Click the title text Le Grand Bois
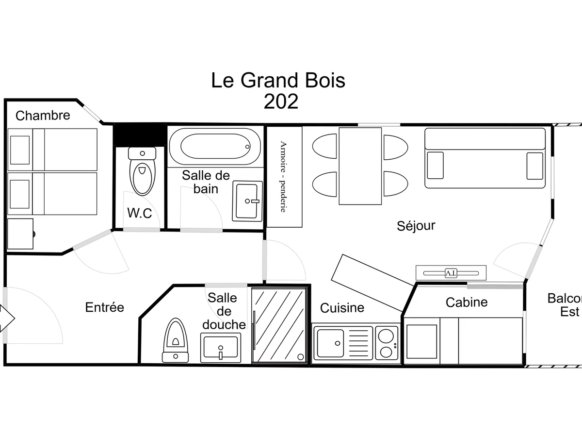pyautogui.click(x=278, y=80)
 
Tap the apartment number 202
pyautogui.click(x=281, y=101)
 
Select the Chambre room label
pyautogui.click(x=43, y=116)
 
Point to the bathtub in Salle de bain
pyautogui.click(x=215, y=146)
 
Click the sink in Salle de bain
pyautogui.click(x=247, y=201)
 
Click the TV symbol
pyautogui.click(x=451, y=273)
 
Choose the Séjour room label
pyautogui.click(x=416, y=226)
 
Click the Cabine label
pyautogui.click(x=466, y=302)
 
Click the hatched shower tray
pyautogui.click(x=279, y=325)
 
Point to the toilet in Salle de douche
pyautogui.click(x=176, y=340)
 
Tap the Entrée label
pyautogui.click(x=105, y=307)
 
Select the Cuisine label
pyautogui.click(x=342, y=308)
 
